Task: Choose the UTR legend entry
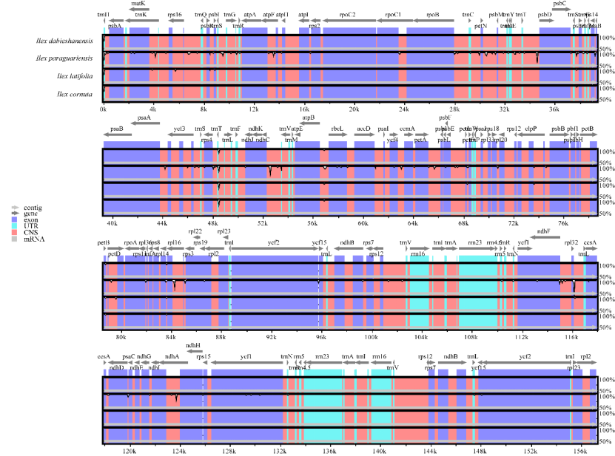click(x=32, y=226)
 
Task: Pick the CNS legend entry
click(x=32, y=233)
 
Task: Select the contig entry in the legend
click(x=33, y=208)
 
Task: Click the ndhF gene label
click(x=544, y=231)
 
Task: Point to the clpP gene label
click(x=531, y=129)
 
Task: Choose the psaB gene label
click(x=117, y=129)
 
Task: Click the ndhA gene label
click(x=172, y=356)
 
